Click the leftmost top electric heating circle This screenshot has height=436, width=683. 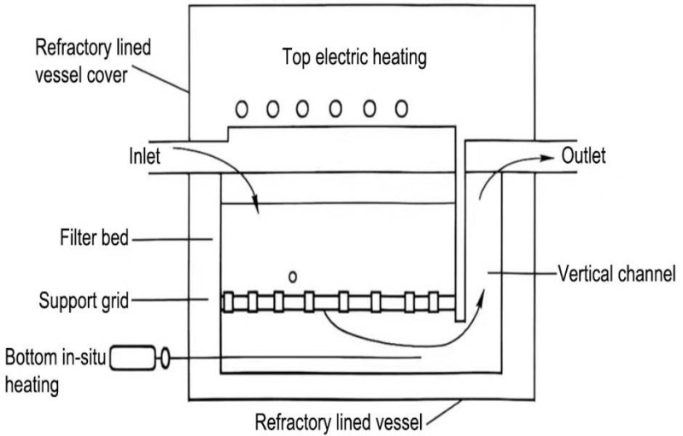(x=242, y=108)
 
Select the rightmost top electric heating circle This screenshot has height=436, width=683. (x=400, y=108)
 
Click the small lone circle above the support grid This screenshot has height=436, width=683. (x=293, y=276)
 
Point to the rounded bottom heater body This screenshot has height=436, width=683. (x=134, y=359)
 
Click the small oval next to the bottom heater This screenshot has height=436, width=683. (x=165, y=359)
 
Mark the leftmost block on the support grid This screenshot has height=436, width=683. (x=228, y=300)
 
